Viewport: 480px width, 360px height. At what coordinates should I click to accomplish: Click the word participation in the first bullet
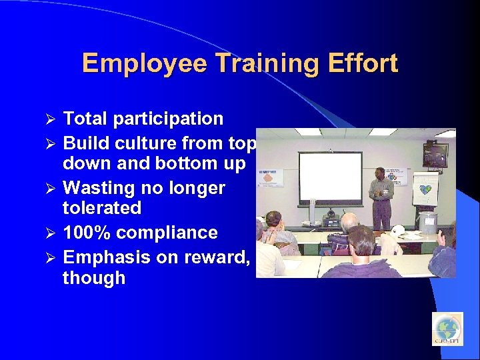(168, 119)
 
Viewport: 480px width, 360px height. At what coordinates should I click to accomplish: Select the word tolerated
(101, 208)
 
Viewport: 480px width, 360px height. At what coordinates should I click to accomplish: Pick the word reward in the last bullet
(215, 257)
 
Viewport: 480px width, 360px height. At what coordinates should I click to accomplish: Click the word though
(93, 277)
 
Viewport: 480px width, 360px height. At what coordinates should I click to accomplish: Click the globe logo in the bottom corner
(447, 329)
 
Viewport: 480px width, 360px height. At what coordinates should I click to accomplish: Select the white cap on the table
(399, 231)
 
